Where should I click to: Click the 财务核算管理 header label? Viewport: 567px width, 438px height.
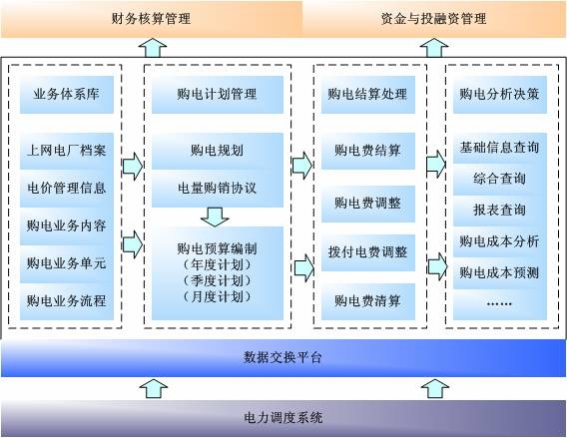point(151,18)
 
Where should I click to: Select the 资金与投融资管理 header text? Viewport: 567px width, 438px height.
point(433,18)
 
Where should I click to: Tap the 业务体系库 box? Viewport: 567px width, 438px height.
point(67,95)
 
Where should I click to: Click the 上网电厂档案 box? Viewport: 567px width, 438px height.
point(67,151)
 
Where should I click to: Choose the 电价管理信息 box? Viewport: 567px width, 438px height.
point(67,189)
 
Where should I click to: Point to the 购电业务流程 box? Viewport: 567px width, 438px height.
point(67,301)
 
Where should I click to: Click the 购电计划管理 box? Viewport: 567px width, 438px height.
point(218,95)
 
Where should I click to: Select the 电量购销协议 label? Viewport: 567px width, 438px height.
point(217,188)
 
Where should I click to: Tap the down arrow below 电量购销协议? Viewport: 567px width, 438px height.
point(215,217)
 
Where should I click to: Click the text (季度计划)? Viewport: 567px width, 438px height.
point(217,280)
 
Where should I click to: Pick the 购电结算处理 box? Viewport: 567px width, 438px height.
point(368,95)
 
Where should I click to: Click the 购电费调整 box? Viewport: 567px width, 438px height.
point(368,204)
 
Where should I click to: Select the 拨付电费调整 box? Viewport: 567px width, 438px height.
point(368,252)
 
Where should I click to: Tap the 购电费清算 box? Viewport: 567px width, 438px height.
point(368,301)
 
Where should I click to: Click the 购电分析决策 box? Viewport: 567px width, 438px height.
point(500,95)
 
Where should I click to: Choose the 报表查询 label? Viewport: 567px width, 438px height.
point(500,210)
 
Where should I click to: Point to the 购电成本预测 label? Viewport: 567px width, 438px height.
point(500,272)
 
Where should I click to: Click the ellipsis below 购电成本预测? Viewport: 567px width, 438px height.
point(499,304)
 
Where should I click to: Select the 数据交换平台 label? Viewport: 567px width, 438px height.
point(283,358)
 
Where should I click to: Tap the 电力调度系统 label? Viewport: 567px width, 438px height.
point(283,418)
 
